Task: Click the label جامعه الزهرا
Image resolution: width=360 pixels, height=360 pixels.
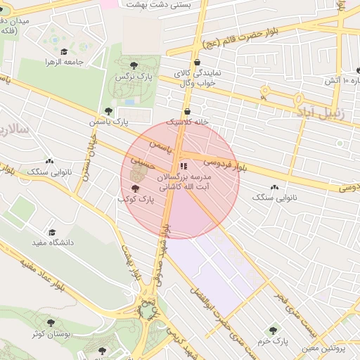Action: [x=65, y=63]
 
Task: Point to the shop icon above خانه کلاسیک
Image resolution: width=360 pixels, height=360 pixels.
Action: [x=186, y=112]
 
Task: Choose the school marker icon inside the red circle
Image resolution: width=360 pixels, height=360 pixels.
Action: [x=184, y=167]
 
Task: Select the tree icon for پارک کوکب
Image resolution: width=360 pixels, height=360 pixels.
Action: [x=136, y=188]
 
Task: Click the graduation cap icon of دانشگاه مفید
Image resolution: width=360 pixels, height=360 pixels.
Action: [x=51, y=232]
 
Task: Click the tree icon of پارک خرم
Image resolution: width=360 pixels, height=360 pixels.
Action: [x=273, y=330]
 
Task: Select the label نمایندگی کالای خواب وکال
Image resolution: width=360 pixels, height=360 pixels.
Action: [x=198, y=77]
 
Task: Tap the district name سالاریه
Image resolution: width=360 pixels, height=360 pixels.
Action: [x=13, y=131]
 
